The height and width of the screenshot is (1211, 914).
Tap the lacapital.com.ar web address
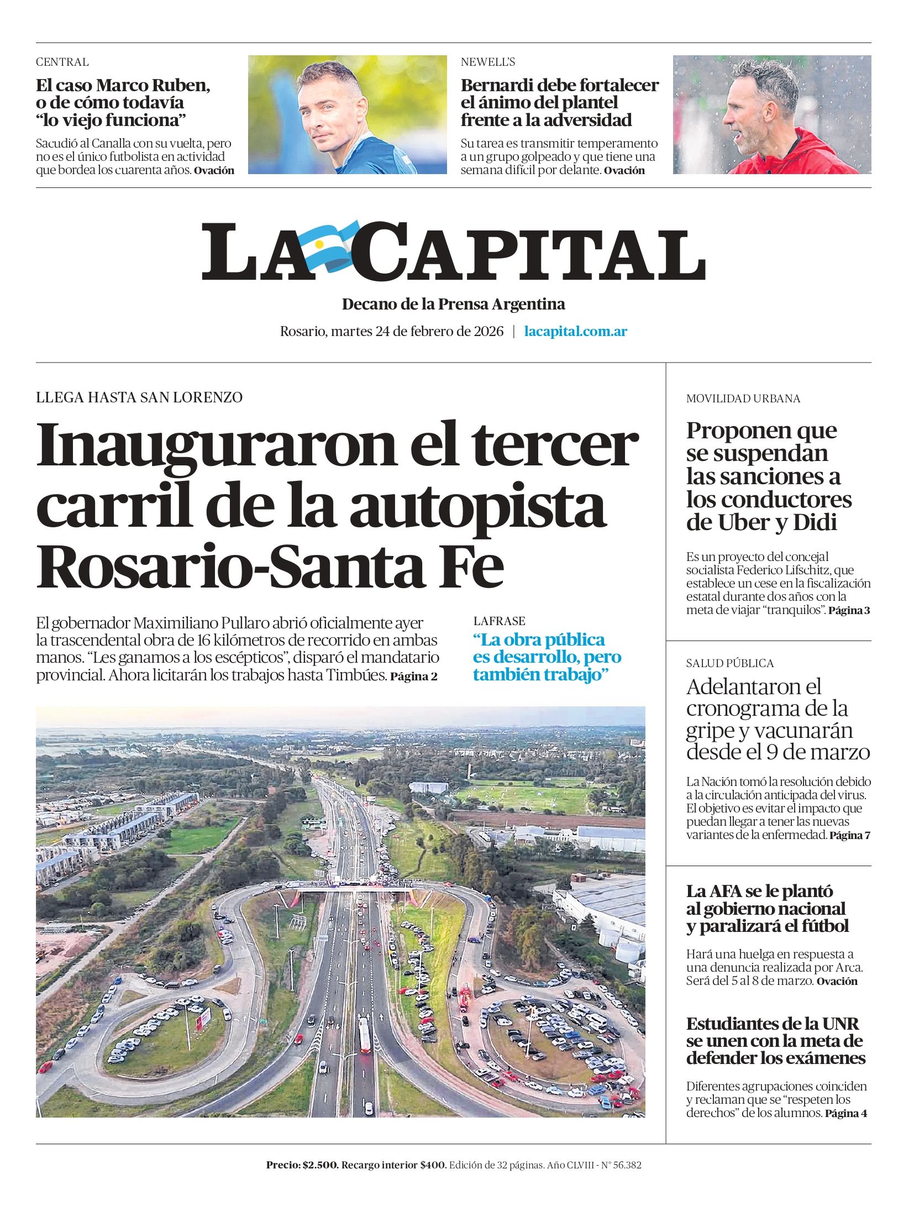[575, 332]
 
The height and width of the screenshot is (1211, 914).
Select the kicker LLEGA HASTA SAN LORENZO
[139, 397]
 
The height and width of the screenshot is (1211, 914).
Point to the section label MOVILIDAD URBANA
[743, 399]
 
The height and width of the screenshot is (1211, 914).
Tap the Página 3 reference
[849, 611]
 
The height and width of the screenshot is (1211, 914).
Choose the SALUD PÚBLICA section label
[729, 663]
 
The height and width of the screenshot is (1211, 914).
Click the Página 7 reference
[849, 835]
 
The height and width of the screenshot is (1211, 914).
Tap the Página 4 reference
[845, 1114]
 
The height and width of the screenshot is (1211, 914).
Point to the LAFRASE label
[499, 621]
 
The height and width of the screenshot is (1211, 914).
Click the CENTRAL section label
[62, 62]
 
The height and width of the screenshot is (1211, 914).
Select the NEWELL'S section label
[488, 62]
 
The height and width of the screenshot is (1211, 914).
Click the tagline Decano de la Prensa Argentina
[453, 304]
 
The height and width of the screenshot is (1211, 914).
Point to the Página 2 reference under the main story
[414, 676]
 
